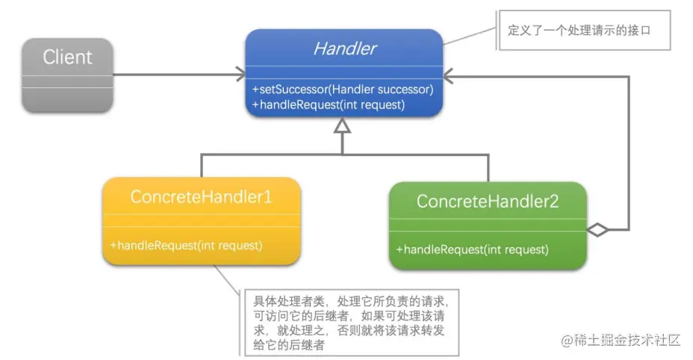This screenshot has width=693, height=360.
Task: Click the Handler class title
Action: [344, 50]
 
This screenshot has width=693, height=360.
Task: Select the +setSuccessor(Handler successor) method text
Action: [343, 89]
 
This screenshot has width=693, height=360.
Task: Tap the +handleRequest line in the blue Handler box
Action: [329, 105]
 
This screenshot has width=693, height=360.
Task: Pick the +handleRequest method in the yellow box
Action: [186, 244]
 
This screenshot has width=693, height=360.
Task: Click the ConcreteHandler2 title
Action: [488, 201]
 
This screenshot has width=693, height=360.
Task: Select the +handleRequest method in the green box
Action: [473, 249]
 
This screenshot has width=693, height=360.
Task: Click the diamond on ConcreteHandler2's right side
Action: [599, 229]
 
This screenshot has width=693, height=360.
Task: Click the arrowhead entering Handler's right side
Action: [449, 75]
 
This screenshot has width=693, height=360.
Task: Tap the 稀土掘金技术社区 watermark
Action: [621, 340]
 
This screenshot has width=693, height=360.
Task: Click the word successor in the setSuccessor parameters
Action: [406, 89]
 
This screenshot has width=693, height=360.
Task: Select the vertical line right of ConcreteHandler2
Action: [629, 149]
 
